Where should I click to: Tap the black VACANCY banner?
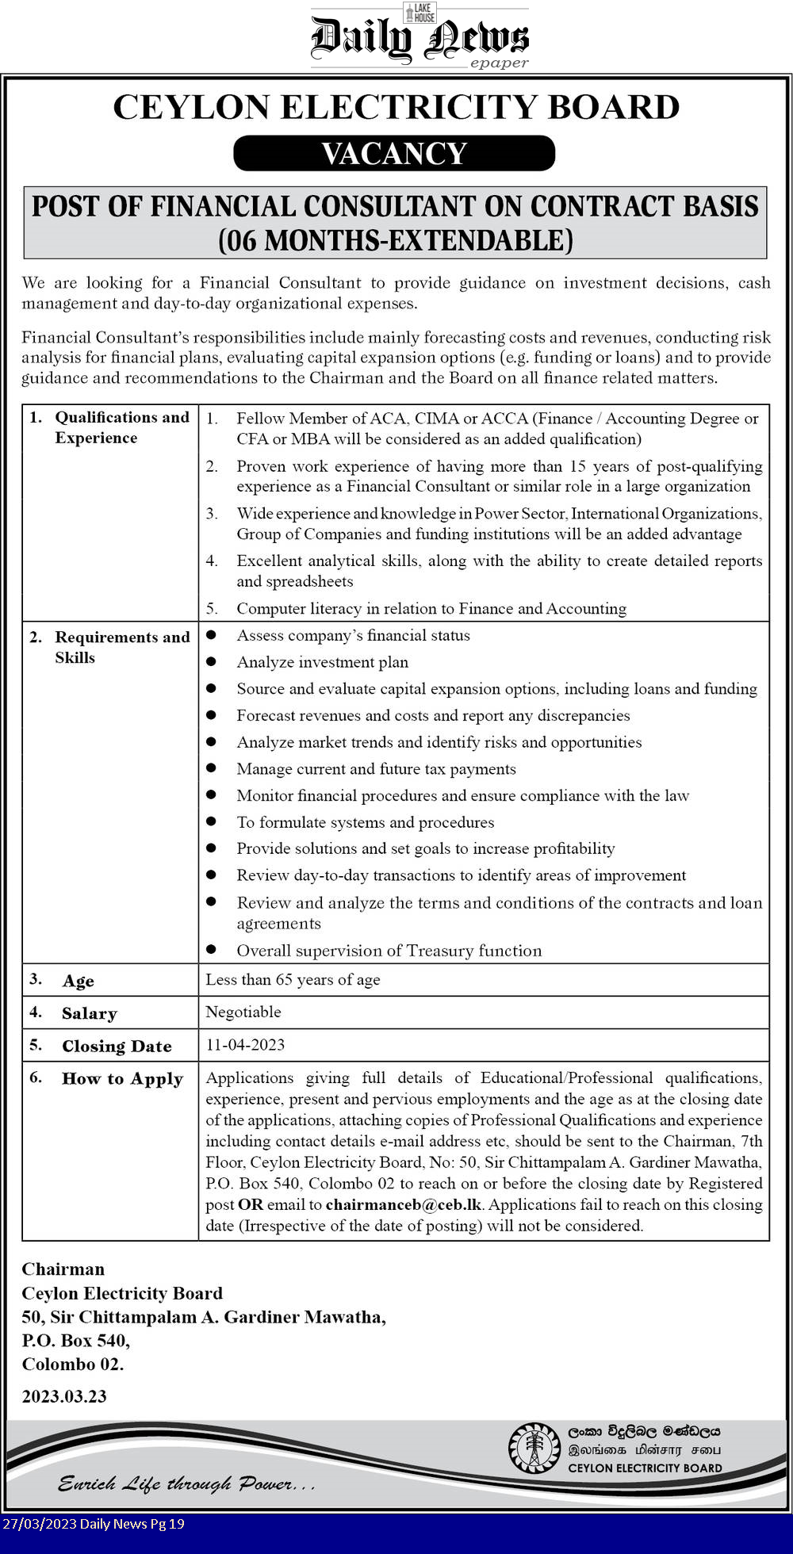394,153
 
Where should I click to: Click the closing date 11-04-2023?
245,1044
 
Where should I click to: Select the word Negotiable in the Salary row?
243,1012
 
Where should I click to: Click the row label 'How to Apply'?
122,1078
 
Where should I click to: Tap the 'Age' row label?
78,981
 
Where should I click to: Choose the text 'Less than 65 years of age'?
293,979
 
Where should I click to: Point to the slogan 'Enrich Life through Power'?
186,1483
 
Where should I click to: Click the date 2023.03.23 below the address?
64,1396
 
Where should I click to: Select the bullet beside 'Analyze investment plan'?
211,661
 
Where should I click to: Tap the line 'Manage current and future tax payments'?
376,768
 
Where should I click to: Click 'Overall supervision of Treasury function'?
389,951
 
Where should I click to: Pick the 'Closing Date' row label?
117,1046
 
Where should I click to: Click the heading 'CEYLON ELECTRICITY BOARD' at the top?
396,107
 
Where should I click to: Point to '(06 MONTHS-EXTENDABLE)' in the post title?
395,240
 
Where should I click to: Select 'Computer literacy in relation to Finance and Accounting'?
431,608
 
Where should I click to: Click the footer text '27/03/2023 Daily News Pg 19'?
94,1523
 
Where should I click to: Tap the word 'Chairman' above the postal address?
63,1269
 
